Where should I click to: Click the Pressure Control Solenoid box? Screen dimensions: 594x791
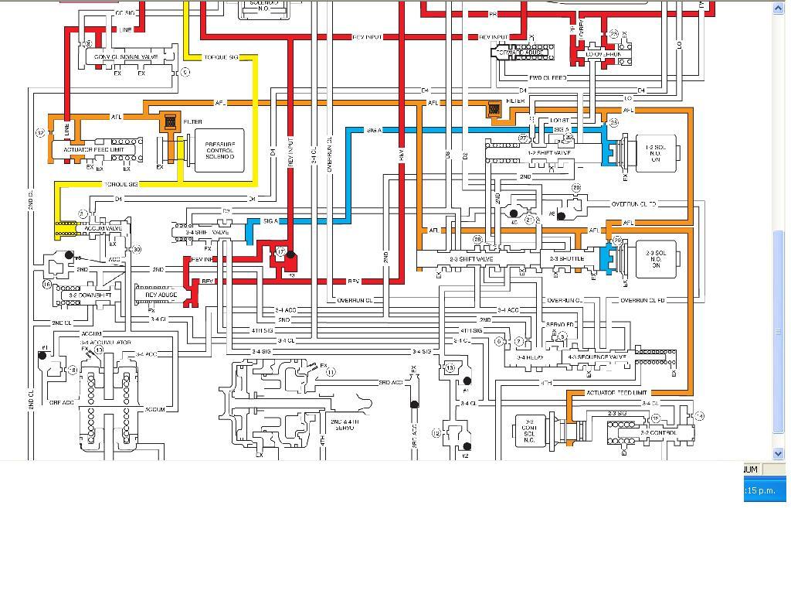(219, 150)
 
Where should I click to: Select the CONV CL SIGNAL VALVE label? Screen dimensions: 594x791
(126, 57)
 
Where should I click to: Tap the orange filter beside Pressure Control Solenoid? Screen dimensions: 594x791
(170, 121)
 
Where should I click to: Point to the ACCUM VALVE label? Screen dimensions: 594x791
(103, 229)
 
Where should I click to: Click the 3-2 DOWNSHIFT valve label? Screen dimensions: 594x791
(90, 295)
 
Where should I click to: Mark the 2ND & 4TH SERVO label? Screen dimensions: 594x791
(345, 424)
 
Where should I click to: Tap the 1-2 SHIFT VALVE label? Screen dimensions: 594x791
(549, 152)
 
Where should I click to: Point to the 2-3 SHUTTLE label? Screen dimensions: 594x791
(566, 259)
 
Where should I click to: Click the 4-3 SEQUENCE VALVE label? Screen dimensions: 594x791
(596, 357)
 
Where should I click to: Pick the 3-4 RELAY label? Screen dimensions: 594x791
(531, 357)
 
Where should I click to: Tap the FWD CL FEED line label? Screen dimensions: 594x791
(547, 78)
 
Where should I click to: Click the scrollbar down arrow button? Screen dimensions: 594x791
(779, 454)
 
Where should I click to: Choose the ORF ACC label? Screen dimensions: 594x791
(62, 402)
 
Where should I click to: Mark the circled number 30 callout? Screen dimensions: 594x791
(137, 249)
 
